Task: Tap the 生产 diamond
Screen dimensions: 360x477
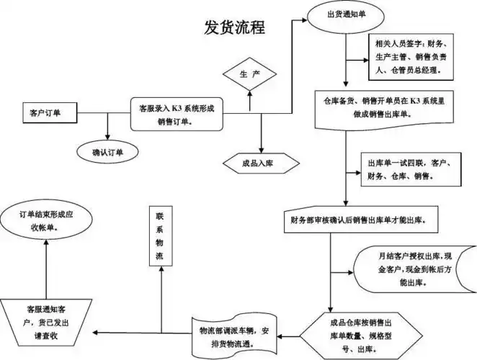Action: [249, 75]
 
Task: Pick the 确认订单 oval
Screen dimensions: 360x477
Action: [107, 151]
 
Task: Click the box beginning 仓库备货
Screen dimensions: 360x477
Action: [383, 109]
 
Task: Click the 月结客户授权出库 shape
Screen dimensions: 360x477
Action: [414, 269]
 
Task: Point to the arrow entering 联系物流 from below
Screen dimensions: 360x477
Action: [159, 295]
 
